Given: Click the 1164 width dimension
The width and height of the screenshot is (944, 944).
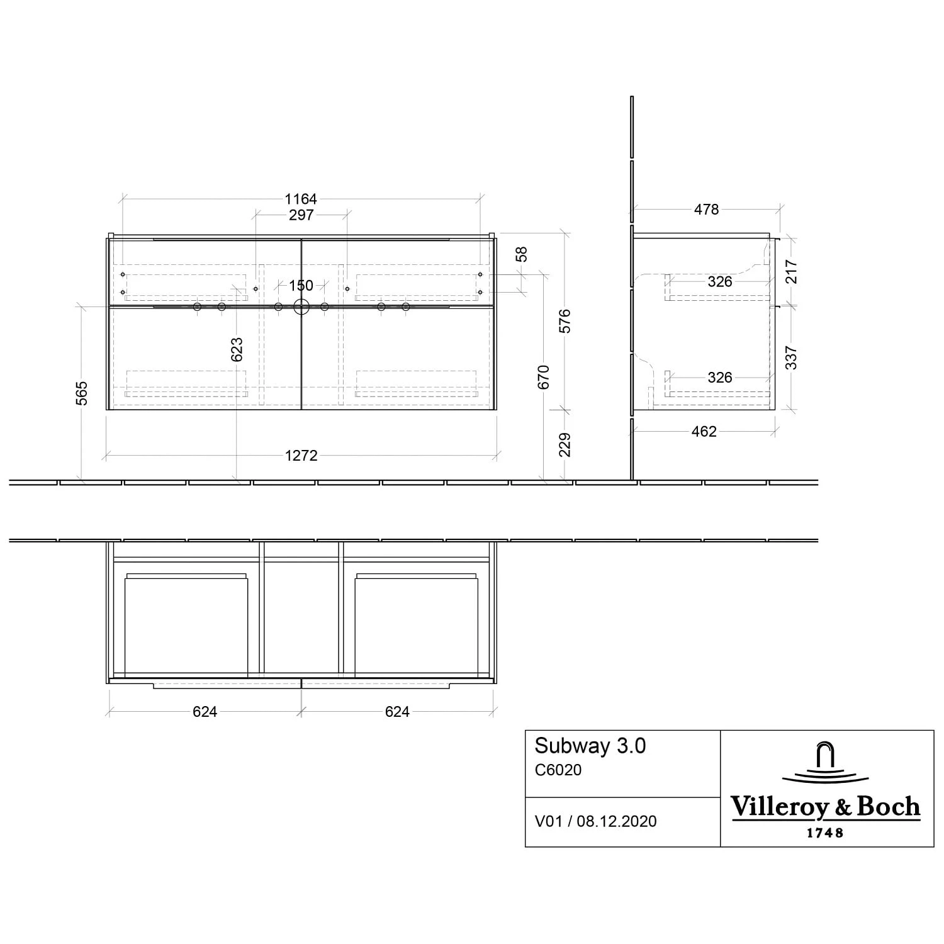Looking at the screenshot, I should click(301, 199).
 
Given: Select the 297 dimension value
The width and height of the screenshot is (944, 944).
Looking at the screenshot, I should click(301, 215).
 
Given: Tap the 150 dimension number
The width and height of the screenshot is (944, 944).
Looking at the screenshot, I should click(301, 286).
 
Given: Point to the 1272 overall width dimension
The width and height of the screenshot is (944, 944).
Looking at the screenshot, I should click(301, 455).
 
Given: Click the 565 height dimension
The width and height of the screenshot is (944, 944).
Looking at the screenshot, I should click(82, 393).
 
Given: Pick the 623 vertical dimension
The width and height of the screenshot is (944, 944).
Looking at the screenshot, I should click(236, 350).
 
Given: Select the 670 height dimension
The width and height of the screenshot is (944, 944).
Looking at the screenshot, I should click(544, 376).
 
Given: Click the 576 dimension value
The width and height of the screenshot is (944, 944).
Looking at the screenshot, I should click(565, 321).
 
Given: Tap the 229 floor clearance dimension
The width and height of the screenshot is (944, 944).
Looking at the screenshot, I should click(565, 444).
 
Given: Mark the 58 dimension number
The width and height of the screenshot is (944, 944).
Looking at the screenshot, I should click(521, 254).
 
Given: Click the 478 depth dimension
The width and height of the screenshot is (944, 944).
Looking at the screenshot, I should click(706, 210).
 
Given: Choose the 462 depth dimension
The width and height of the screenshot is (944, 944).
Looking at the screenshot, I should click(704, 432).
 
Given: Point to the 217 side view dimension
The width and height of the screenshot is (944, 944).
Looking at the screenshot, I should click(791, 272).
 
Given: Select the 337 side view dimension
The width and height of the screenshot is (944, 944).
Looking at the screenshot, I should click(791, 357).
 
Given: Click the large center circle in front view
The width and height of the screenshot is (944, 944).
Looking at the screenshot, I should click(301, 307).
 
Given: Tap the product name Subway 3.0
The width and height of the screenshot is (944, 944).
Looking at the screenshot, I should click(590, 746).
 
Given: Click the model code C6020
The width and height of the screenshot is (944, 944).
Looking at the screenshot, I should click(558, 770).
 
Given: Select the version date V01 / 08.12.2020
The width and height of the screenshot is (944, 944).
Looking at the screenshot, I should click(595, 821).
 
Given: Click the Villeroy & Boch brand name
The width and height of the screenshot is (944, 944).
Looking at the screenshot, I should click(825, 807).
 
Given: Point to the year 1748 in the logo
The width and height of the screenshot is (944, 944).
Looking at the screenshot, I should click(825, 833).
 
